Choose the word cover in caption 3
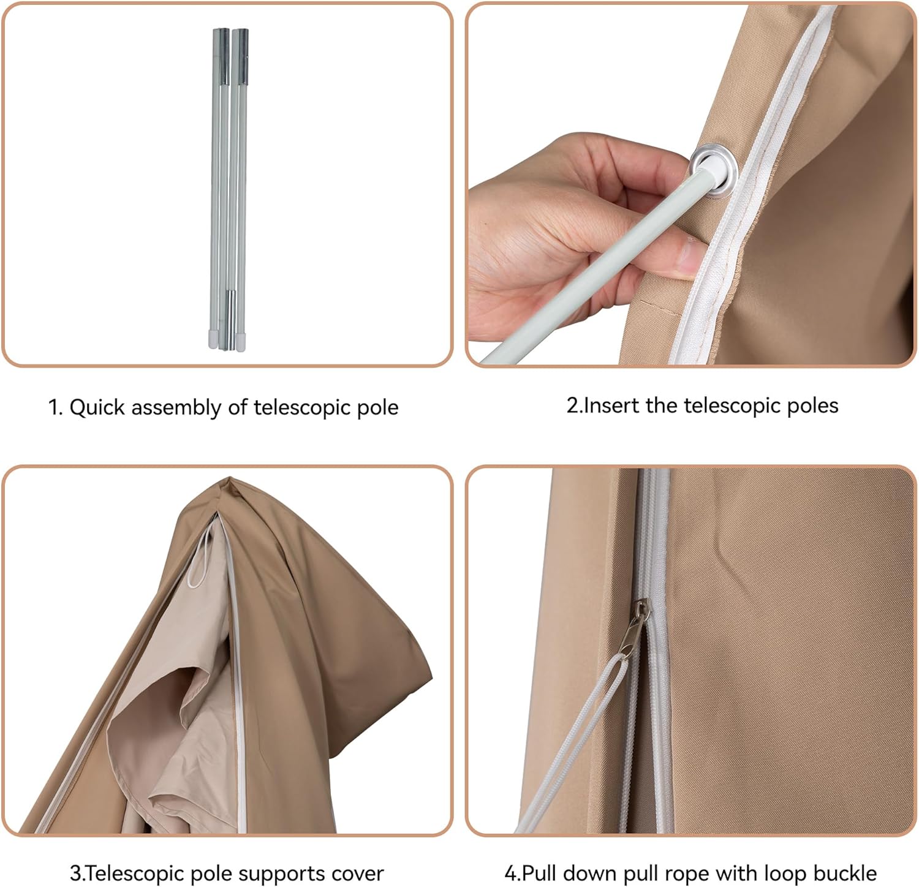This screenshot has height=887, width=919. coord(358,873)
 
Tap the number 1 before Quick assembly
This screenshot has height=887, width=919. coord(53,407)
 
